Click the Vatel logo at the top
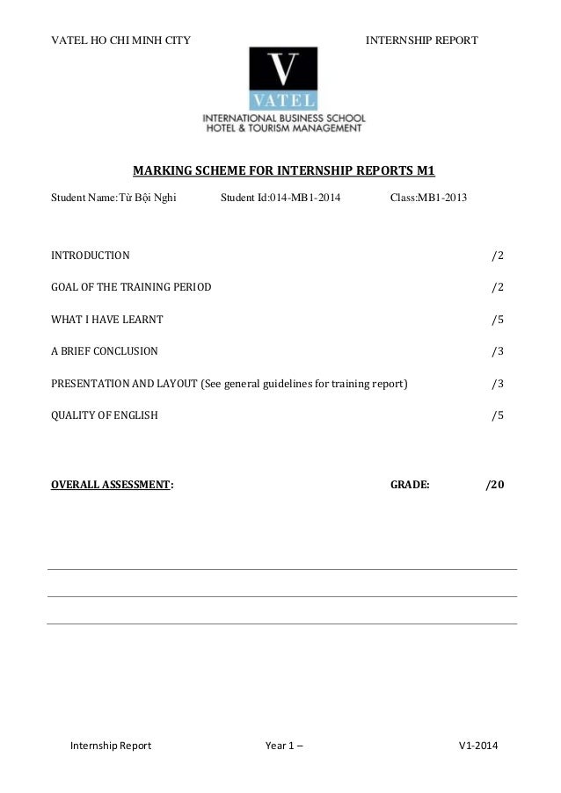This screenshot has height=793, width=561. pyautogui.click(x=283, y=79)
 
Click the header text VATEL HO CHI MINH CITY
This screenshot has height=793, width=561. pyautogui.click(x=120, y=40)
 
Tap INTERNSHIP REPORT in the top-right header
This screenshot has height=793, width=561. pyautogui.click(x=421, y=40)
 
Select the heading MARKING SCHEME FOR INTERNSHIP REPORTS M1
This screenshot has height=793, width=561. pyautogui.click(x=283, y=170)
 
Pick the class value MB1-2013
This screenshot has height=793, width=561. pyautogui.click(x=442, y=198)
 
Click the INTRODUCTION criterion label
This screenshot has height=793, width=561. pyautogui.click(x=90, y=256)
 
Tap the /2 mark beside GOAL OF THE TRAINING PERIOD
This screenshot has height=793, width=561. pyautogui.click(x=497, y=287)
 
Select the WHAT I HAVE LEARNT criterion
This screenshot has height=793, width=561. pyautogui.click(x=106, y=320)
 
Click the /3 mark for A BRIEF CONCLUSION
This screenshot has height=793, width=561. pyautogui.click(x=497, y=351)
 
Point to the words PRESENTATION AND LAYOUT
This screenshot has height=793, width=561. pyautogui.click(x=124, y=383)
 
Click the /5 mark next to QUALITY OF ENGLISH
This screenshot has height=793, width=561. pyautogui.click(x=497, y=415)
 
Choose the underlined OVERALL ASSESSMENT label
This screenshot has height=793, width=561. pyautogui.click(x=110, y=484)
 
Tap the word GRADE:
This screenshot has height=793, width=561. pyautogui.click(x=410, y=484)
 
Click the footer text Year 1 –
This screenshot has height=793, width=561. pyautogui.click(x=286, y=746)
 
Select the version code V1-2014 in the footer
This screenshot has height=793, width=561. pyautogui.click(x=478, y=746)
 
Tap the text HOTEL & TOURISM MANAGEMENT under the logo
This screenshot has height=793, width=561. pyautogui.click(x=283, y=128)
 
